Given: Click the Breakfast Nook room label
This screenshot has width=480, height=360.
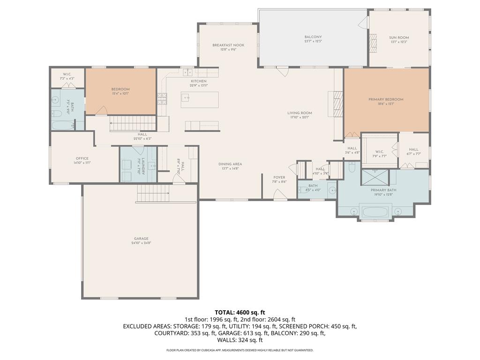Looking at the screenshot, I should tap(228, 45).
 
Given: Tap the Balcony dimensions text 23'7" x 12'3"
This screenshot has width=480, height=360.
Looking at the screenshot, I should tap(313, 41).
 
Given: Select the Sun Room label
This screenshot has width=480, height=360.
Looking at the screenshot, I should tap(399, 37).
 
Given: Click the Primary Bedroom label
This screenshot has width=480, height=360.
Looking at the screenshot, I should tap(386, 99).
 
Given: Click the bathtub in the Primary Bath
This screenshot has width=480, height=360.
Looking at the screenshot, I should tap(374, 211).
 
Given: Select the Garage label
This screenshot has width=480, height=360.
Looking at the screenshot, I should tap(141, 239).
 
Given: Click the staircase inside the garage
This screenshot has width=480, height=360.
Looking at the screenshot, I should tap(153, 193).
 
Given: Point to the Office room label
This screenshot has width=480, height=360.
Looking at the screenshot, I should tap(82, 158).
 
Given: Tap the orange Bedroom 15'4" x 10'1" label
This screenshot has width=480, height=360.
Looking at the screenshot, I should tap(120, 89).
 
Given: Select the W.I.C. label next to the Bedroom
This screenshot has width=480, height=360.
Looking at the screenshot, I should tap(67, 75).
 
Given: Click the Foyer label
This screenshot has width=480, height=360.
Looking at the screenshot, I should tap(279, 178).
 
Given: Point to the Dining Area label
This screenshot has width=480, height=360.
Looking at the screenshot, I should tap(230, 164).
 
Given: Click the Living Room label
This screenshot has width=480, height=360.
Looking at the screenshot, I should tap(300, 113).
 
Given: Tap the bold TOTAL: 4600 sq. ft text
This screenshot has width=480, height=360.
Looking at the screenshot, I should tap(240, 312).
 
